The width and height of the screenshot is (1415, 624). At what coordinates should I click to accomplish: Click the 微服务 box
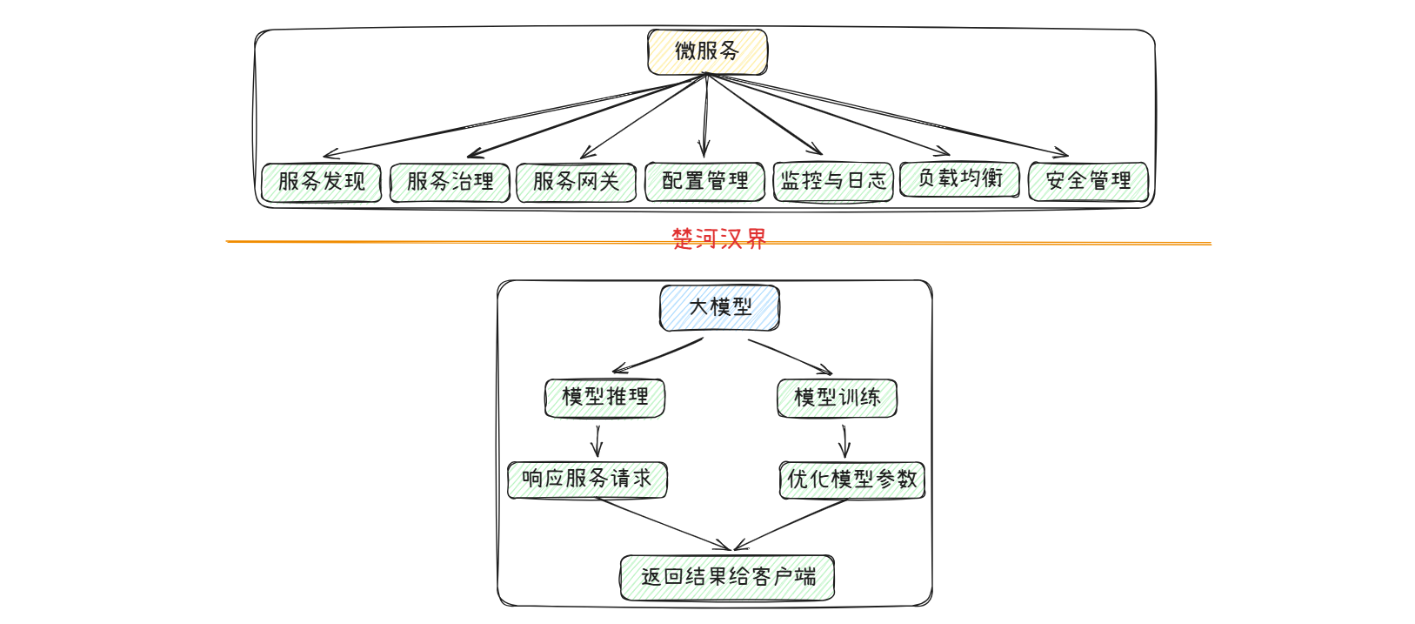point(707,51)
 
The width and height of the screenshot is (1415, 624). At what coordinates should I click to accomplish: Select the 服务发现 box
point(321,182)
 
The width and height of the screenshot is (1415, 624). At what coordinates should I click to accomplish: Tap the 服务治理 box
point(450,182)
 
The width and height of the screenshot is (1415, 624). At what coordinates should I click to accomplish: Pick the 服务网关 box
point(576,182)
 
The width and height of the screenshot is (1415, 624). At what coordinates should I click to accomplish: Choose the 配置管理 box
point(704,181)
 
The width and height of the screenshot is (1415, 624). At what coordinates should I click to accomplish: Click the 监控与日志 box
point(833,181)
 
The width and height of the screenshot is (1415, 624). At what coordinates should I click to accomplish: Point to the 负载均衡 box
point(959,178)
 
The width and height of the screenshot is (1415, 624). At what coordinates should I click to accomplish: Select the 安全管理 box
point(1088,181)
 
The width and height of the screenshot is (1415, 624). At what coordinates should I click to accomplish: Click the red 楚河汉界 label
point(718,238)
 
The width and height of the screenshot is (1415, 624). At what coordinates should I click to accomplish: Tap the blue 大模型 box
point(719,307)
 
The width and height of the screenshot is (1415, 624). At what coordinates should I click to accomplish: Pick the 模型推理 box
point(604,398)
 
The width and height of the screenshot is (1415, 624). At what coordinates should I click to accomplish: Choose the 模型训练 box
point(837,398)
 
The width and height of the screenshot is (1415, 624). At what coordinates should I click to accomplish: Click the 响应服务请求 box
point(587,480)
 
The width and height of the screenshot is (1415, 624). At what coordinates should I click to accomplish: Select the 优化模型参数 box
point(851,480)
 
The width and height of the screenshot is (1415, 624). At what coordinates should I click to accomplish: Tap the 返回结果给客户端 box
point(727,577)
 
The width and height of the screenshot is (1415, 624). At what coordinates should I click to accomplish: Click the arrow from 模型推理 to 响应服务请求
point(597,440)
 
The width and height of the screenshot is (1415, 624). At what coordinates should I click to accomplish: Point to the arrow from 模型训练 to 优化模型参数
point(844,440)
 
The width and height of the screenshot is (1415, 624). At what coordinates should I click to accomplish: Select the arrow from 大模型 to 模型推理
point(658,355)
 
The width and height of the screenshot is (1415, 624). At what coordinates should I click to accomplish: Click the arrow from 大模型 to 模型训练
point(790,356)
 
